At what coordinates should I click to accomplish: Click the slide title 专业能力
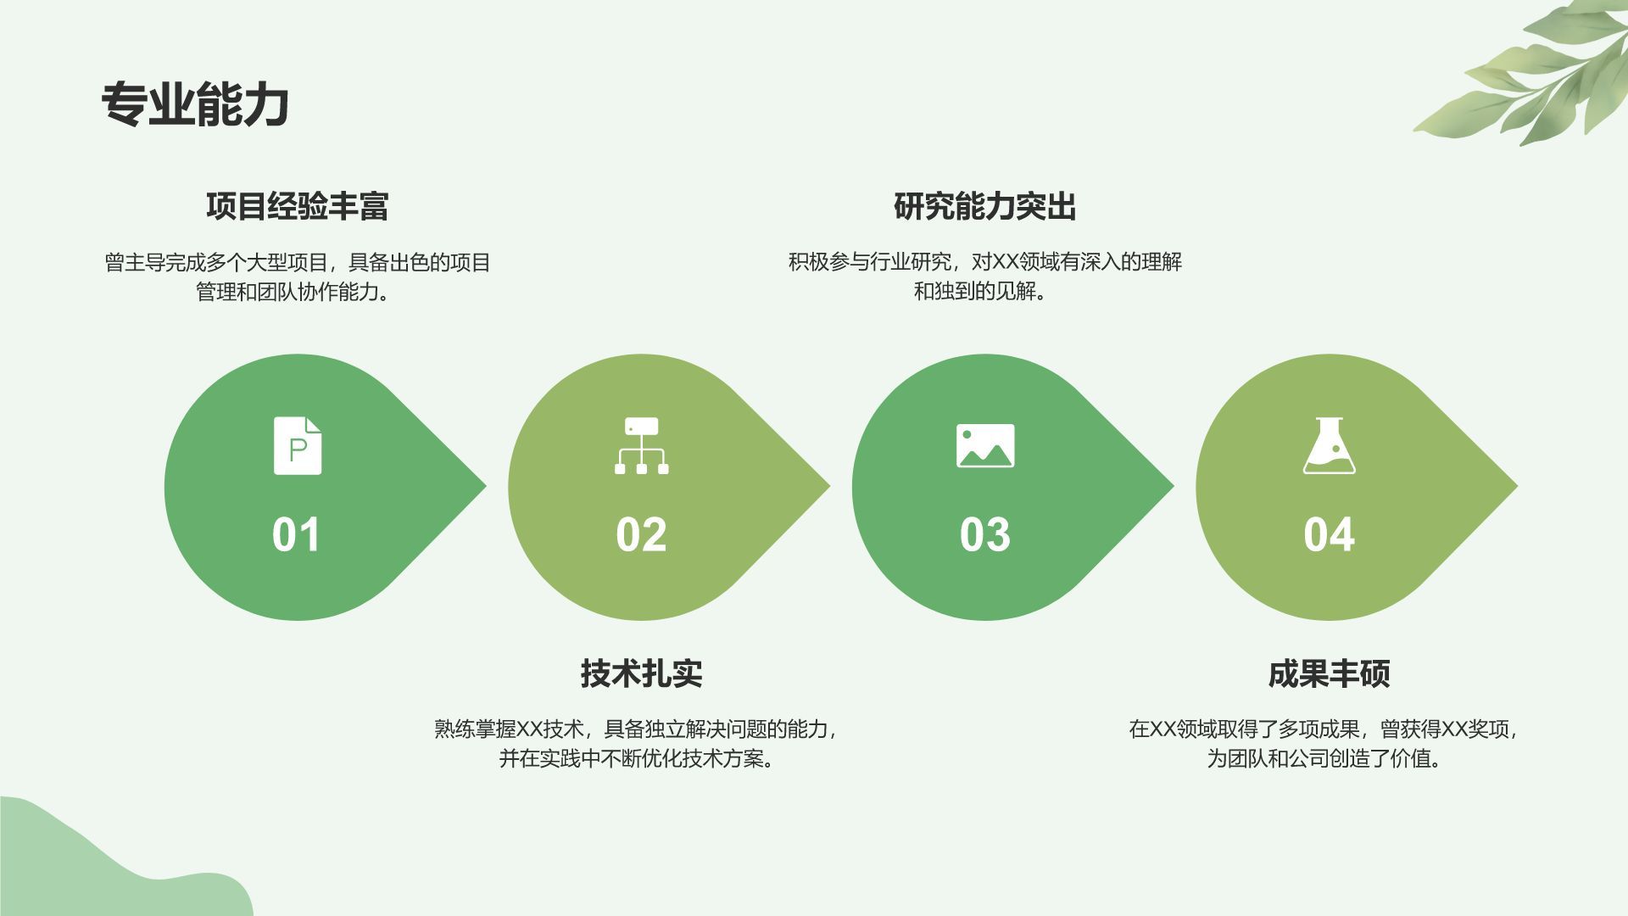point(196,105)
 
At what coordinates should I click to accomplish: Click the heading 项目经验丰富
point(298,206)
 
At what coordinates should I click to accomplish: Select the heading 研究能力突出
point(985,206)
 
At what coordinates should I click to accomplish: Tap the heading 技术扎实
point(642,673)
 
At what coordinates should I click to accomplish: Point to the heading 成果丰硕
point(1329,673)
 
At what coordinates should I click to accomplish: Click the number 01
point(297,535)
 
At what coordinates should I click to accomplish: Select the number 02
point(641,535)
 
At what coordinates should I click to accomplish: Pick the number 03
point(985,535)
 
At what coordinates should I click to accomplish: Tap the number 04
point(1329,535)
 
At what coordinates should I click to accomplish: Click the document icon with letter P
point(298,445)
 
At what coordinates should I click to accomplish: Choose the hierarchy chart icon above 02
point(641,445)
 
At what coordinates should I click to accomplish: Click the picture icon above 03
point(985,445)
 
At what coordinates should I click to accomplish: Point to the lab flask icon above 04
point(1329,445)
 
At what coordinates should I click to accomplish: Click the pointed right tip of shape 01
point(487,487)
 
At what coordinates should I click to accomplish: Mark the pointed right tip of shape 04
point(1518,487)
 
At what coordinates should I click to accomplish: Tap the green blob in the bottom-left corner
point(119,861)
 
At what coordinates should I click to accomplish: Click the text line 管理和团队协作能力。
point(298,292)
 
